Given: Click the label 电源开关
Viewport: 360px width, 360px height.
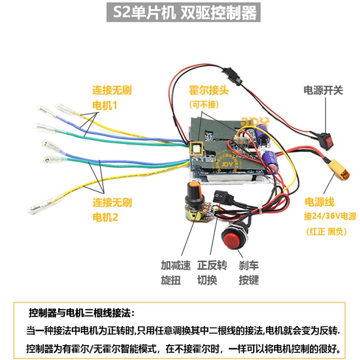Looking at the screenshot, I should click(x=323, y=90).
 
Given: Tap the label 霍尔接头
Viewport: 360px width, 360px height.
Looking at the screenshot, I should click(x=209, y=90).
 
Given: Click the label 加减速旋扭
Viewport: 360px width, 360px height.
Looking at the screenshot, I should click(x=171, y=273).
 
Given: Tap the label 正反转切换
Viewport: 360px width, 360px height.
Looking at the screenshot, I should click(x=207, y=273).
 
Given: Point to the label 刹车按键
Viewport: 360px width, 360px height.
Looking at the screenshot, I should click(x=248, y=273).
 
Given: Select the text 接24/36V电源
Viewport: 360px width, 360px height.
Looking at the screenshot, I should click(x=330, y=216).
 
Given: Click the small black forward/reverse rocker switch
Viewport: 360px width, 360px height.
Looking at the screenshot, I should click(x=219, y=196).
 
